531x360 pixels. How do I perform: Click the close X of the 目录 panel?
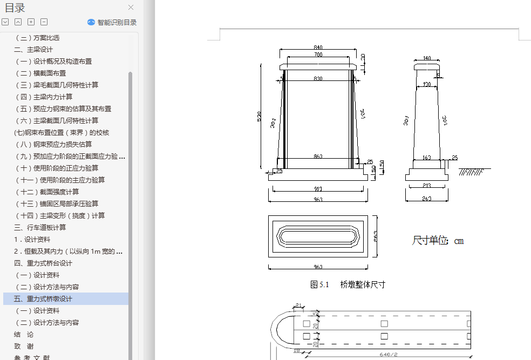point(131,8)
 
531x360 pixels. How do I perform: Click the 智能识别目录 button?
point(112,23)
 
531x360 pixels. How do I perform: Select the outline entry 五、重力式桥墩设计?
point(43,299)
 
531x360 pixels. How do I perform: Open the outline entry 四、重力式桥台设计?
point(43,263)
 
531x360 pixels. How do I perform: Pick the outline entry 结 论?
point(24,335)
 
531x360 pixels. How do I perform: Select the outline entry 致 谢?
point(24,347)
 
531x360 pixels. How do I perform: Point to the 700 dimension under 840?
point(318,55)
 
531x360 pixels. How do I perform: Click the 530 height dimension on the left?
point(260,116)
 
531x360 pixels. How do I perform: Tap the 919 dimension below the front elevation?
point(318,189)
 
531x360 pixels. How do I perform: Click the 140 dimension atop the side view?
point(427,58)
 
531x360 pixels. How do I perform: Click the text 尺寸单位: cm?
point(438,241)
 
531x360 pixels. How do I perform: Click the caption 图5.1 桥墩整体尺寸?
point(348,284)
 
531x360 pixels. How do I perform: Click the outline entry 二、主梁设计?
point(33,50)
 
